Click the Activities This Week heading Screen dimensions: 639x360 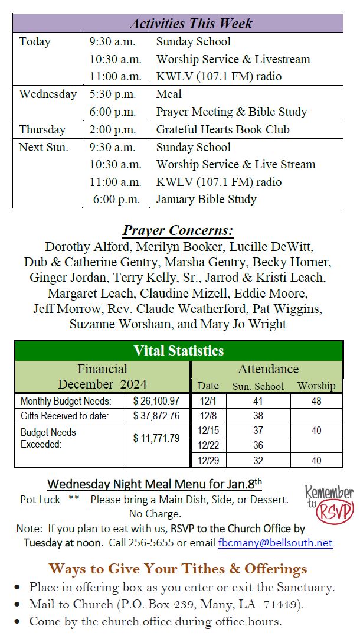pyautogui.click(x=190, y=24)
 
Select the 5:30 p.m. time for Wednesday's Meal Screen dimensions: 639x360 pyautogui.click(x=112, y=94)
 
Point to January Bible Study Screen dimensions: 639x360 pyautogui.click(x=206, y=200)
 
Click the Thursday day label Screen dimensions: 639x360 pyautogui.click(x=42, y=129)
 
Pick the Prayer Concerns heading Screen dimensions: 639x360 pyautogui.click(x=178, y=230)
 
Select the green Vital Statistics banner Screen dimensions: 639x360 pyautogui.click(x=178, y=350)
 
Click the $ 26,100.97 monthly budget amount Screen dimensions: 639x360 pyautogui.click(x=156, y=401)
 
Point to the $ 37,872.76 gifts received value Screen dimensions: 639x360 pyautogui.click(x=156, y=416)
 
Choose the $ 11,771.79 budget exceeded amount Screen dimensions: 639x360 pyautogui.click(x=156, y=438)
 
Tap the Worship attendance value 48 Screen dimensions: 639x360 pyautogui.click(x=316, y=401)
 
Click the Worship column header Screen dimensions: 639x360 pyautogui.click(x=316, y=386)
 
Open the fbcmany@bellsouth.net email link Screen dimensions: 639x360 pyautogui.click(x=275, y=543)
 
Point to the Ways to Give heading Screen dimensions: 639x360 pyautogui.click(x=178, y=569)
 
